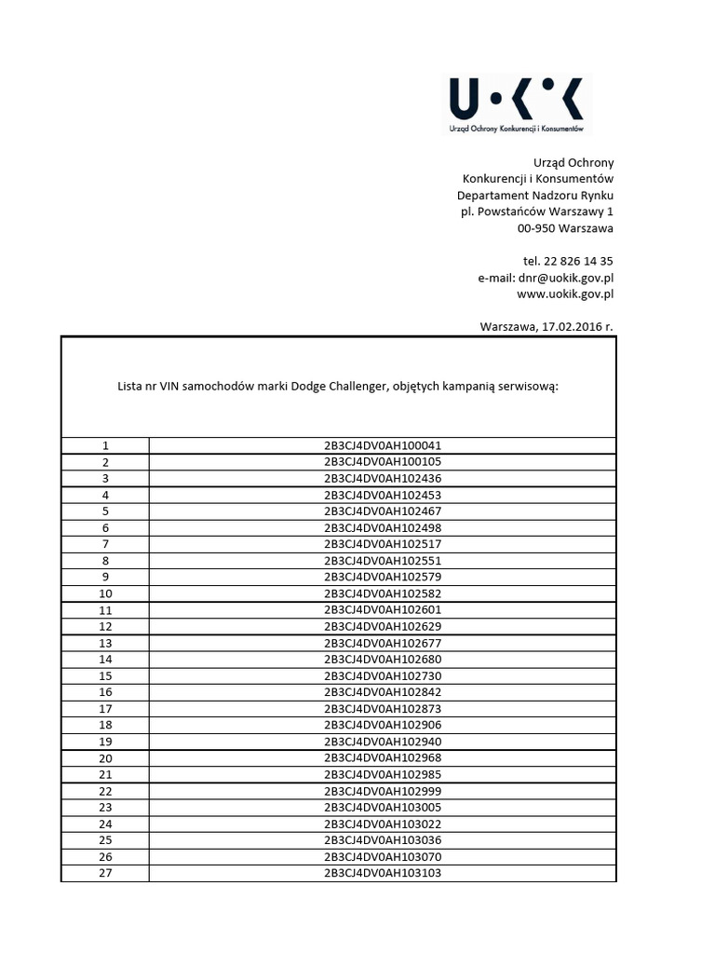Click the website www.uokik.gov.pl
(x=565, y=294)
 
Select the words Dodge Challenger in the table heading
(x=339, y=386)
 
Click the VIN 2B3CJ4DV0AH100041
(x=383, y=445)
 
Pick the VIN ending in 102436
(x=383, y=478)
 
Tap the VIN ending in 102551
(x=383, y=561)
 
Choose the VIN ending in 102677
(x=383, y=643)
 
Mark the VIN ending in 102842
(x=383, y=692)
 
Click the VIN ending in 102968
(x=383, y=758)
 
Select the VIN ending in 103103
(x=383, y=873)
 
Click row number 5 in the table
(x=105, y=511)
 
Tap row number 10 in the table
(x=105, y=593)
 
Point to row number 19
(x=105, y=742)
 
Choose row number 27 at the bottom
(x=105, y=873)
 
